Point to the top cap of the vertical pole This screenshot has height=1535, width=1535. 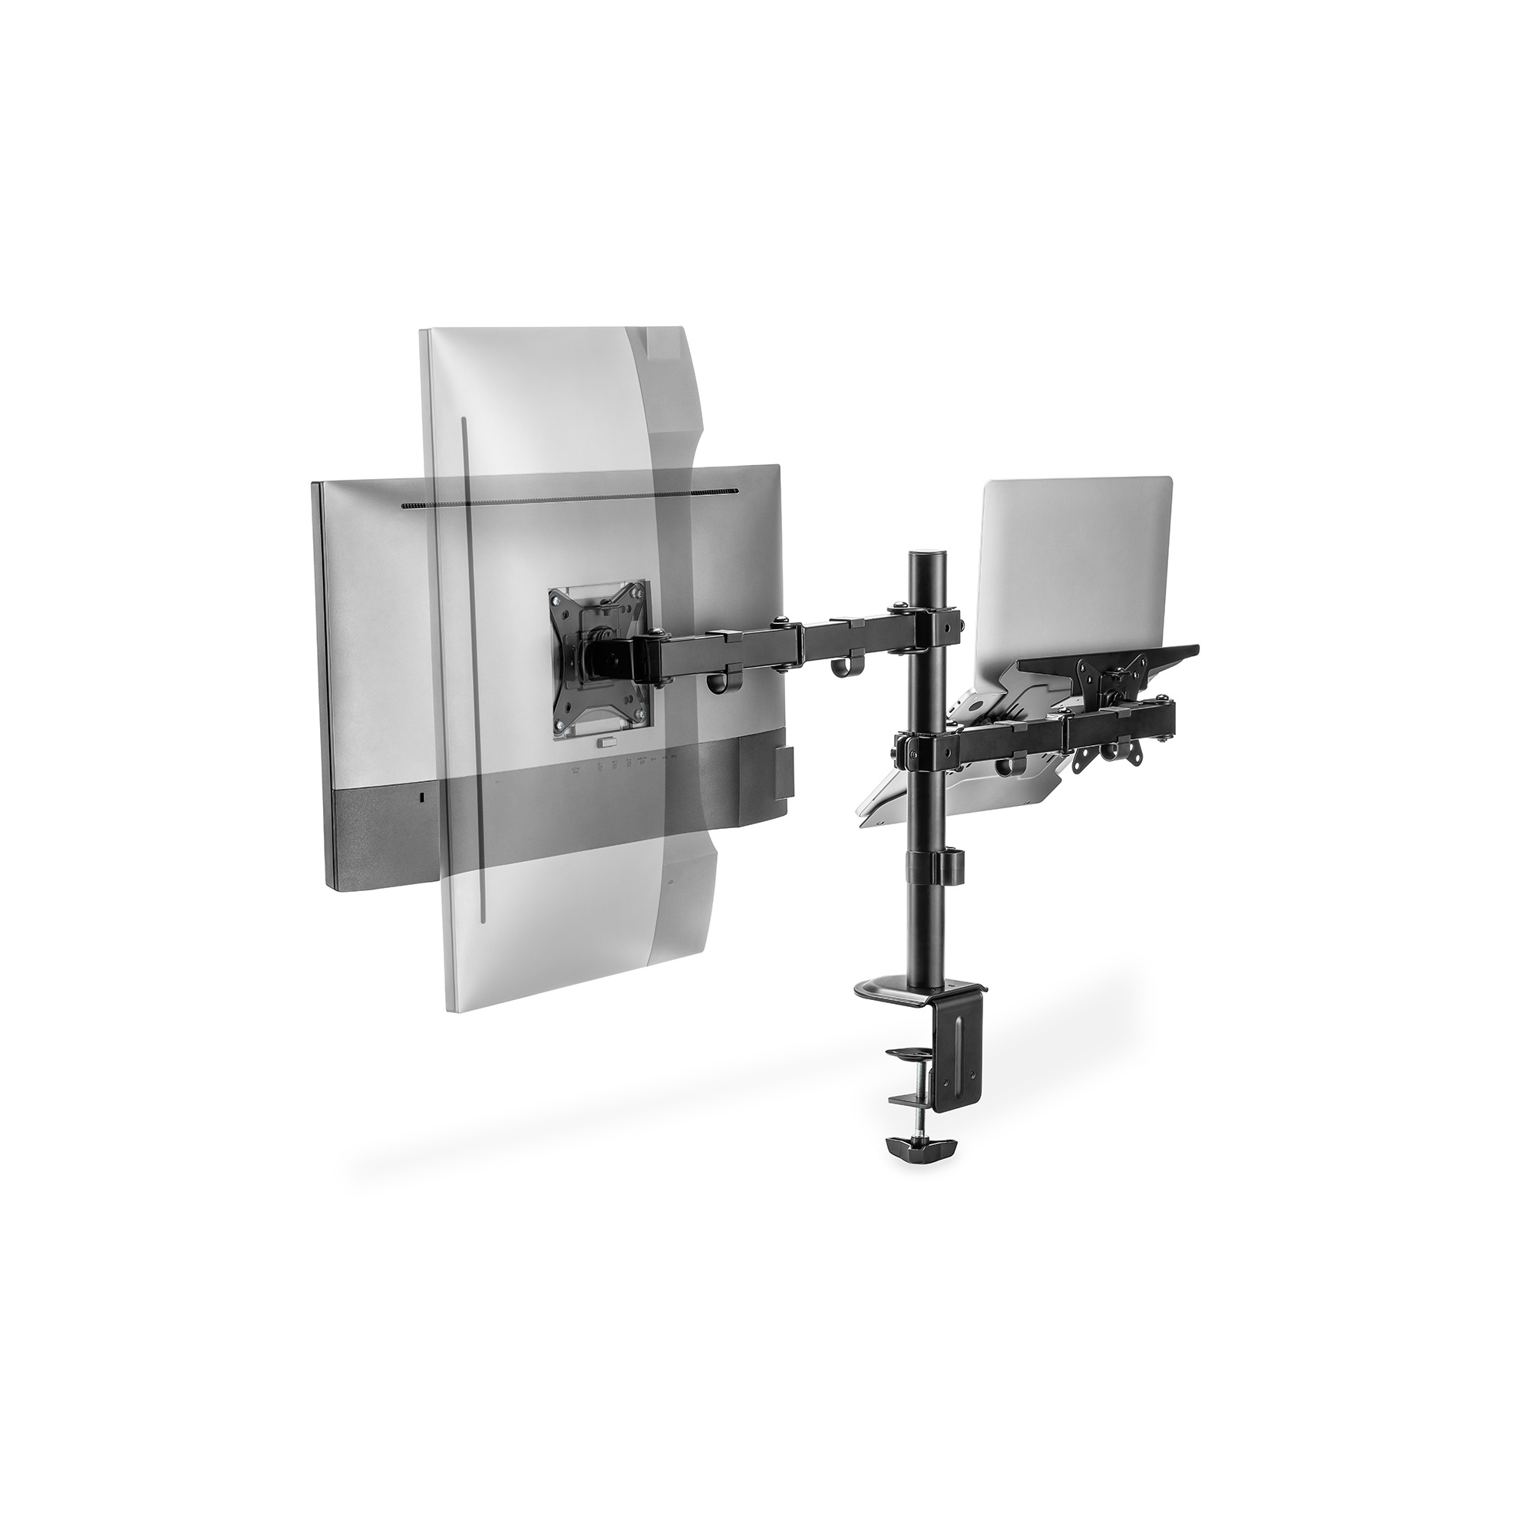(923, 552)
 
